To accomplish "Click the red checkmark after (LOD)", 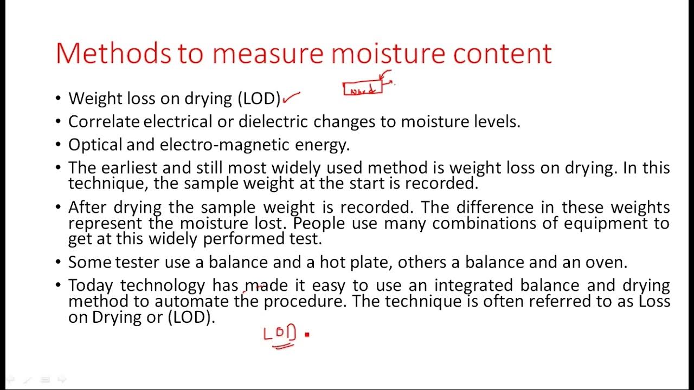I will pyautogui.click(x=292, y=98).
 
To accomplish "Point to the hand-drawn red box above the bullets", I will pyautogui.click(x=363, y=89).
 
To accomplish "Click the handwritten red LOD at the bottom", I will pyautogui.click(x=280, y=333).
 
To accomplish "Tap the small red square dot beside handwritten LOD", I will pyautogui.click(x=307, y=335).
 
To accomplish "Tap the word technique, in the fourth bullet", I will pyautogui.click(x=109, y=184).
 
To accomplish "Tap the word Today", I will pyautogui.click(x=92, y=285).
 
